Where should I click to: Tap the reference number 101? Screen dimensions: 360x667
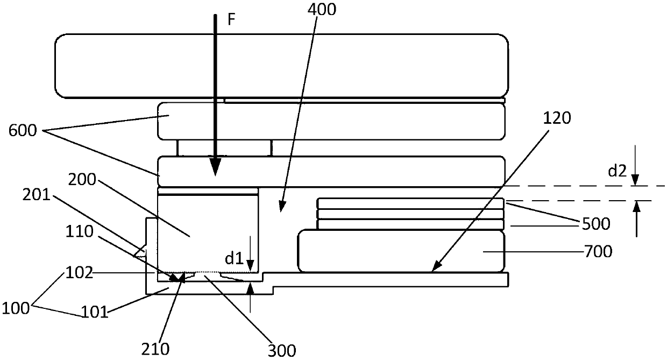click(x=95, y=311)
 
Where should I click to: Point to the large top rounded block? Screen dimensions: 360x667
click(x=282, y=66)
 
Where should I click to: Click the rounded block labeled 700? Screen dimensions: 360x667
click(x=401, y=251)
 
